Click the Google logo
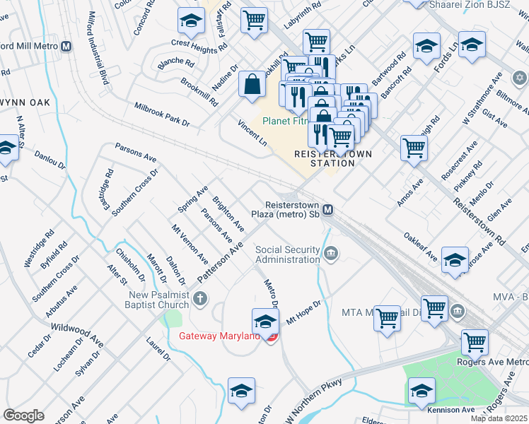click(x=23, y=416)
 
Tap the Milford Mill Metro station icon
click(x=66, y=47)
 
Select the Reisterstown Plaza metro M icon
click(x=328, y=210)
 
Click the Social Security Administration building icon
click(x=330, y=254)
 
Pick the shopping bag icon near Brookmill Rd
click(x=252, y=84)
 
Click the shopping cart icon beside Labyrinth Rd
click(x=254, y=20)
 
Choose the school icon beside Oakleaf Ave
click(x=455, y=259)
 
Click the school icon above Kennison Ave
click(x=421, y=390)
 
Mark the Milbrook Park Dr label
click(x=163, y=114)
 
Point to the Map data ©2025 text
click(x=499, y=418)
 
